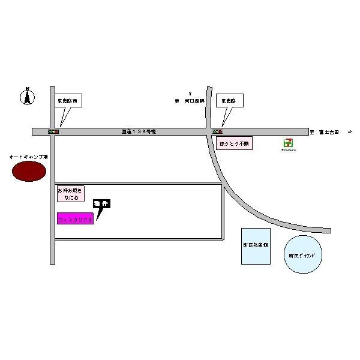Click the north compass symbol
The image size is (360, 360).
(27, 96)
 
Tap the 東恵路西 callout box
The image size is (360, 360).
(67, 101)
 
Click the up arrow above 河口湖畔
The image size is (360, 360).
(190, 93)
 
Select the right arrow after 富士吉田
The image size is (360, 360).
(350, 131)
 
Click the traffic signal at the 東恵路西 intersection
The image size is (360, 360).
(53, 131)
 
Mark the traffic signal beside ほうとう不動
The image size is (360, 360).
(218, 131)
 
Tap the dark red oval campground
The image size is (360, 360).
(28, 172)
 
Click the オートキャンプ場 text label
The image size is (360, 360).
(28, 157)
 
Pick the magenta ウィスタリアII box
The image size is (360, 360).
(75, 219)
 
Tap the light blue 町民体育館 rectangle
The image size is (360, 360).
(256, 246)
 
